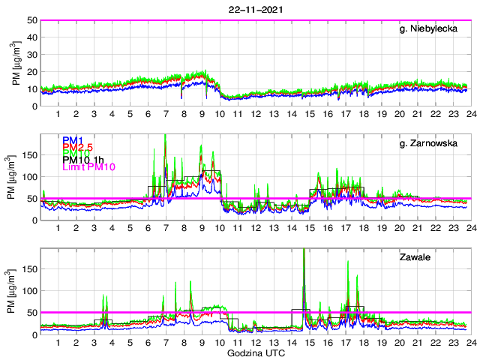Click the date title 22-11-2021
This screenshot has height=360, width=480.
click(254, 10)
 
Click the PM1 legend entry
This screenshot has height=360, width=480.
click(73, 140)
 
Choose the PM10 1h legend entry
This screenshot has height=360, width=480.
click(84, 160)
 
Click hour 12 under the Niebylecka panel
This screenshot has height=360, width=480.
click(256, 114)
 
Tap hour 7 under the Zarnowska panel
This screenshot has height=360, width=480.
click(166, 228)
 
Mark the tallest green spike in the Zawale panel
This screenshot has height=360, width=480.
click(304, 250)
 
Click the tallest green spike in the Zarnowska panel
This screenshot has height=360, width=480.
click(165, 136)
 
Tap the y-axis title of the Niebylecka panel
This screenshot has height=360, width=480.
click(16, 63)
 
